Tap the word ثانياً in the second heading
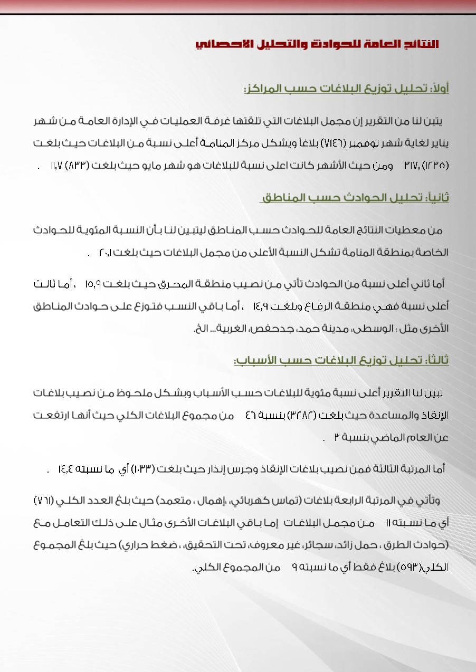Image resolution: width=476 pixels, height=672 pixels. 437,198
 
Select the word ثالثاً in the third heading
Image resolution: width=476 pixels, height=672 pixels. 436,360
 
